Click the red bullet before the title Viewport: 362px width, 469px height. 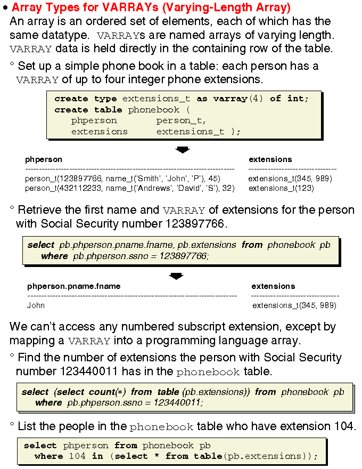coord(5,9)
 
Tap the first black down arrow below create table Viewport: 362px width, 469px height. coord(183,150)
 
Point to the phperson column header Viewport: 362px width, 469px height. coord(44,159)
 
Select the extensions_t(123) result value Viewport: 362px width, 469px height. coord(281,188)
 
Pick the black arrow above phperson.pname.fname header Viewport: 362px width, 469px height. coord(176,276)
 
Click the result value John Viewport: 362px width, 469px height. coord(36,305)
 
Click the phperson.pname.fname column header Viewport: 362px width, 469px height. coord(74,286)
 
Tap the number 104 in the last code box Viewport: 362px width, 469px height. coord(77,456)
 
